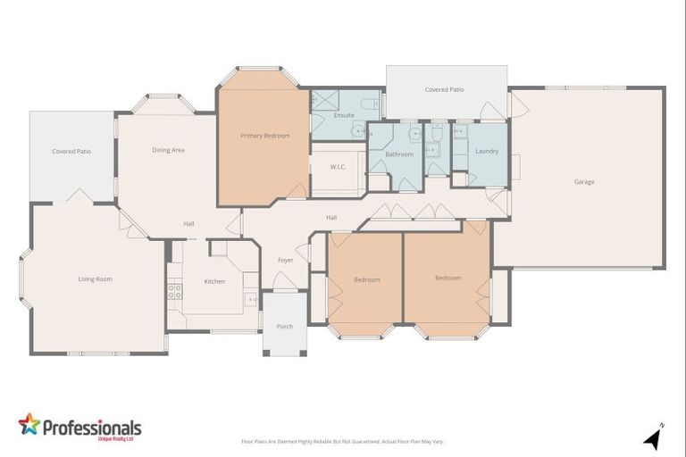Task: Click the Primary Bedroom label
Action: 265,136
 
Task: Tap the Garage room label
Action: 584,182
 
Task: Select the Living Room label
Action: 96,279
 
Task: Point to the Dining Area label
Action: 168,150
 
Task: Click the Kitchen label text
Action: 214,282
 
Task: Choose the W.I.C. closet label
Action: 338,167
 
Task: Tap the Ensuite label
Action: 344,115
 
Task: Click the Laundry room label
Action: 487,152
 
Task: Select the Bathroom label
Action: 399,154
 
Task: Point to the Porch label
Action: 285,327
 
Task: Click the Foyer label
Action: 286,261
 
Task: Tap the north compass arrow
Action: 653,438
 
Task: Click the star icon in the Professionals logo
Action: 29,424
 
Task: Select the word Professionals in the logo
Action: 92,427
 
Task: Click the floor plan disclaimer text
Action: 342,442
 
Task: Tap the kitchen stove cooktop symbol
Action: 174,290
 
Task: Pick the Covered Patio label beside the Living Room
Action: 71,152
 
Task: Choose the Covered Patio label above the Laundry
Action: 444,90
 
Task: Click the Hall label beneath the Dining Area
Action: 189,224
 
